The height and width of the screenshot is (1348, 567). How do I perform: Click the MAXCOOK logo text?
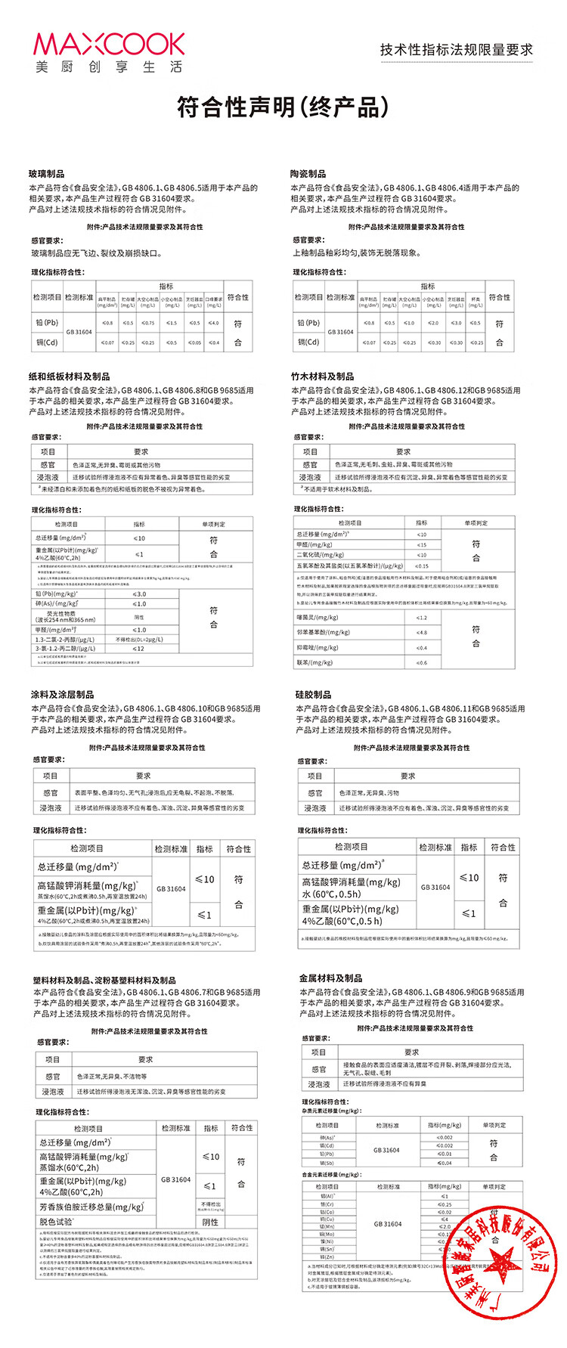click(x=109, y=45)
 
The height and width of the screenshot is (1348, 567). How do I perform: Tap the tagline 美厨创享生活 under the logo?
click(x=109, y=67)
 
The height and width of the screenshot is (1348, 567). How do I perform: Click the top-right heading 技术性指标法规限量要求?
click(x=457, y=50)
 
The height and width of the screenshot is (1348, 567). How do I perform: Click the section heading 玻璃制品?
click(x=47, y=174)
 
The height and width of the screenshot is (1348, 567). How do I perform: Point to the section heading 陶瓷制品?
click(x=308, y=174)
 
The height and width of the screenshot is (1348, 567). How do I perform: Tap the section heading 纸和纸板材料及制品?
click(x=70, y=377)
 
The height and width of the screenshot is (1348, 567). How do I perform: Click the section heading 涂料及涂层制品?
click(x=63, y=695)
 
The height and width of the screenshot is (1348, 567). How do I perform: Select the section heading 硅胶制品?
click(x=313, y=695)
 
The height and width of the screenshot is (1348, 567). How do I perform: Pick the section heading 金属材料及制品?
click(x=330, y=978)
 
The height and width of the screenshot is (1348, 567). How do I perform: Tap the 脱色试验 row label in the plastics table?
click(x=57, y=1222)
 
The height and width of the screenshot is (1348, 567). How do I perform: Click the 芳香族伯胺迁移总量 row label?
click(x=92, y=1207)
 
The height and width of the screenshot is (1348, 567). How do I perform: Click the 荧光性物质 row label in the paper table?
click(x=66, y=617)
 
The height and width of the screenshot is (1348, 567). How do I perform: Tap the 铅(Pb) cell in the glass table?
click(x=47, y=323)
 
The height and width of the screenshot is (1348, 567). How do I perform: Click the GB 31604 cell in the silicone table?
click(x=435, y=887)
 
